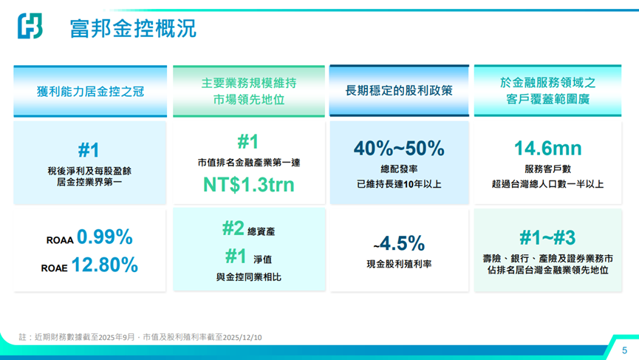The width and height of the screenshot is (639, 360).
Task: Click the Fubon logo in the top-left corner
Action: tap(30, 27)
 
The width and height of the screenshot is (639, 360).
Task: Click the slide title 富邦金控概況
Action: tap(133, 29)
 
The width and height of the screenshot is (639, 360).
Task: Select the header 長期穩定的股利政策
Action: tap(399, 91)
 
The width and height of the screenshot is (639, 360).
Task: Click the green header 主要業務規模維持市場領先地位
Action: tap(248, 91)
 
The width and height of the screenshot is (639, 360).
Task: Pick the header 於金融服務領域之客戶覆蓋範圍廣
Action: tap(547, 91)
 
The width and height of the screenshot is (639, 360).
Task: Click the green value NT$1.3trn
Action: tap(248, 185)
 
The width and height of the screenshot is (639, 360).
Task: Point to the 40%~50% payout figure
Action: tap(399, 149)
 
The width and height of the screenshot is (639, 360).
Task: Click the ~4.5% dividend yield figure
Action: tap(399, 243)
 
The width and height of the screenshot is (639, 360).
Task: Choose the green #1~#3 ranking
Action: tap(547, 237)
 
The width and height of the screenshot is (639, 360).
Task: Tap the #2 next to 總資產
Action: tap(233, 228)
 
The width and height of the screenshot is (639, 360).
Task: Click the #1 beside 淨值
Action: tap(236, 256)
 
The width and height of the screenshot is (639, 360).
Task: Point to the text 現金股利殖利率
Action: tap(399, 265)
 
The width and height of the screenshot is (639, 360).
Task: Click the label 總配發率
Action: tap(399, 169)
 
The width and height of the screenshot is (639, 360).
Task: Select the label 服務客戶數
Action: tap(547, 169)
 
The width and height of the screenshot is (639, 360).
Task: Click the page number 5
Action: tap(624, 350)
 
